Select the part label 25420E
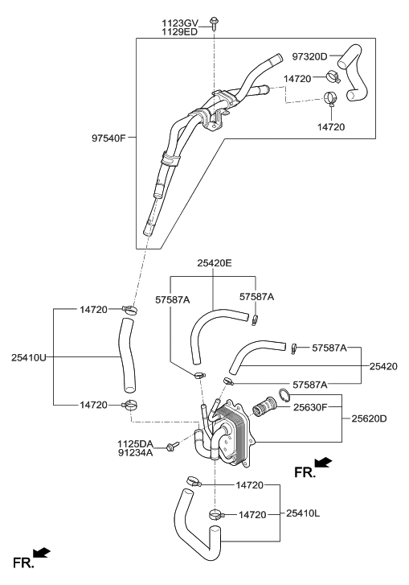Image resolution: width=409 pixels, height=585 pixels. pyautogui.click(x=214, y=262)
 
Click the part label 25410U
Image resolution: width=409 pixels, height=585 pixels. pyautogui.click(x=30, y=356)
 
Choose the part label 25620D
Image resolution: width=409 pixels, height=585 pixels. pyautogui.click(x=369, y=418)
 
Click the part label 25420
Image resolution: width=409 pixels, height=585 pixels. pyautogui.click(x=383, y=366)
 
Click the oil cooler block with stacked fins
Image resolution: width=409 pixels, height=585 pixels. pyautogui.click(x=238, y=428)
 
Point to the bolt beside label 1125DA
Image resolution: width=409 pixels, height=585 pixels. pyautogui.click(x=170, y=447)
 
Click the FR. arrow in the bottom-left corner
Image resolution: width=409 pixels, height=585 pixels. pyautogui.click(x=31, y=556)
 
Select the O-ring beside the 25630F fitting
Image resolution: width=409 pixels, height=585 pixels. pyautogui.click(x=284, y=394)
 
